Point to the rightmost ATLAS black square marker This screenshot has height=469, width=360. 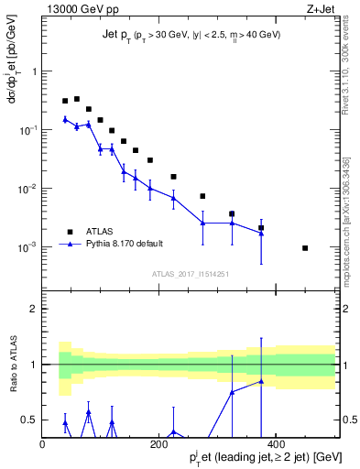click(305, 248)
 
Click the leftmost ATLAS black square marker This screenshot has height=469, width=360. click(65, 101)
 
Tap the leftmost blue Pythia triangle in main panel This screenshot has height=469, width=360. click(65, 119)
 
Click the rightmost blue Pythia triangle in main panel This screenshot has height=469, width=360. click(261, 233)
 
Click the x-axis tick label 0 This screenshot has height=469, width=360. click(42, 443)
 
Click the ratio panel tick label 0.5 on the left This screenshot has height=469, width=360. click(28, 420)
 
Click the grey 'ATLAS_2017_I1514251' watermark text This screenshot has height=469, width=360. click(190, 273)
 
